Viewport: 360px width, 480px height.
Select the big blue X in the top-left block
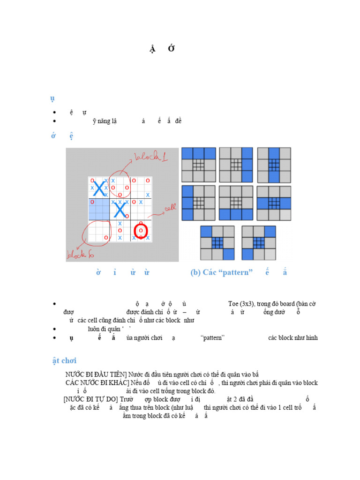99,188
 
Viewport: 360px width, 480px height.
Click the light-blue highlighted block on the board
98,210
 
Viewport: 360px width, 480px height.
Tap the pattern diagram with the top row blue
198,165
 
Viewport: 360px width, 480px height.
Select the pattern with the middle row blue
274,203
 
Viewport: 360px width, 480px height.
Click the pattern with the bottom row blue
236,203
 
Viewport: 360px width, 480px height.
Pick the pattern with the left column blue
198,203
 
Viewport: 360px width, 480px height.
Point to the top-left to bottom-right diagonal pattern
217,243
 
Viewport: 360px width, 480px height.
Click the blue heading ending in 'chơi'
64,360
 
